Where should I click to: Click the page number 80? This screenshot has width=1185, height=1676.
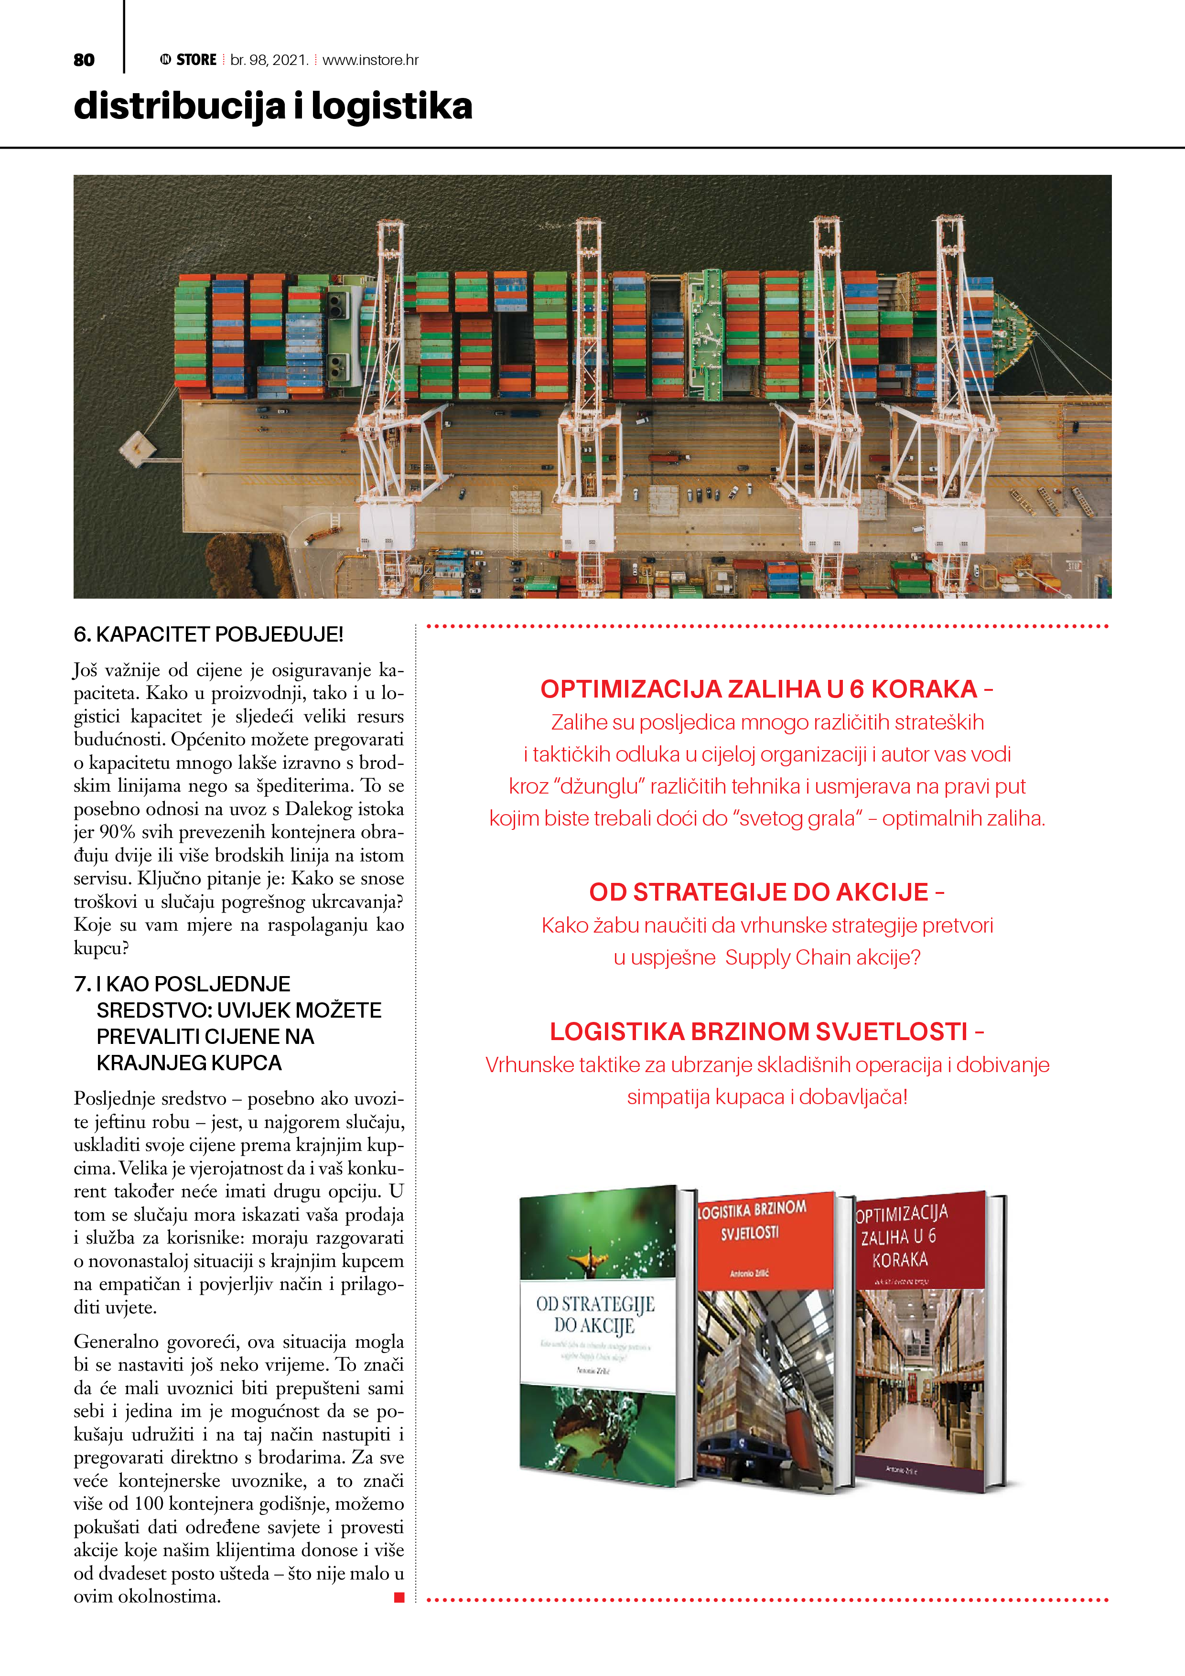pyautogui.click(x=84, y=60)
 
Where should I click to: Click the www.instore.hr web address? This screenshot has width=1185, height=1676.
pyautogui.click(x=370, y=60)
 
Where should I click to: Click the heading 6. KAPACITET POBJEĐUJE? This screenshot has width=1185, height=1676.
pyautogui.click(x=208, y=634)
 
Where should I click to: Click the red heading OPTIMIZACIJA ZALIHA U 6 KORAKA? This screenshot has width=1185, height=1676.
pyautogui.click(x=759, y=689)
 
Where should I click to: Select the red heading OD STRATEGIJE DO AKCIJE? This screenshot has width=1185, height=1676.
pyautogui.click(x=759, y=892)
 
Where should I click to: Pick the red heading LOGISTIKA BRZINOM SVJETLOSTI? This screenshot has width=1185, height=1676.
pyautogui.click(x=759, y=1031)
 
